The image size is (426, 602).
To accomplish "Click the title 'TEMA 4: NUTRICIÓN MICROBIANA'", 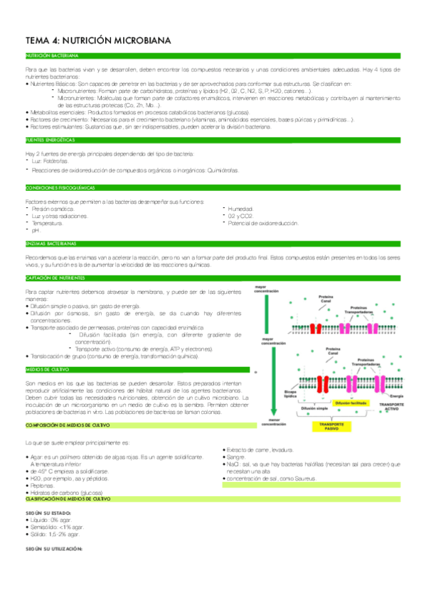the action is (98, 41).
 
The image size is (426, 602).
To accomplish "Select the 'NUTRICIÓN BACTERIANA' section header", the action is (52, 55).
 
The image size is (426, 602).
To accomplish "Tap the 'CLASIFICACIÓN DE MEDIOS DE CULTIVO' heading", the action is (68, 499).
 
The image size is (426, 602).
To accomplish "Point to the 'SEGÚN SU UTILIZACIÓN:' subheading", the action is (54, 549).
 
